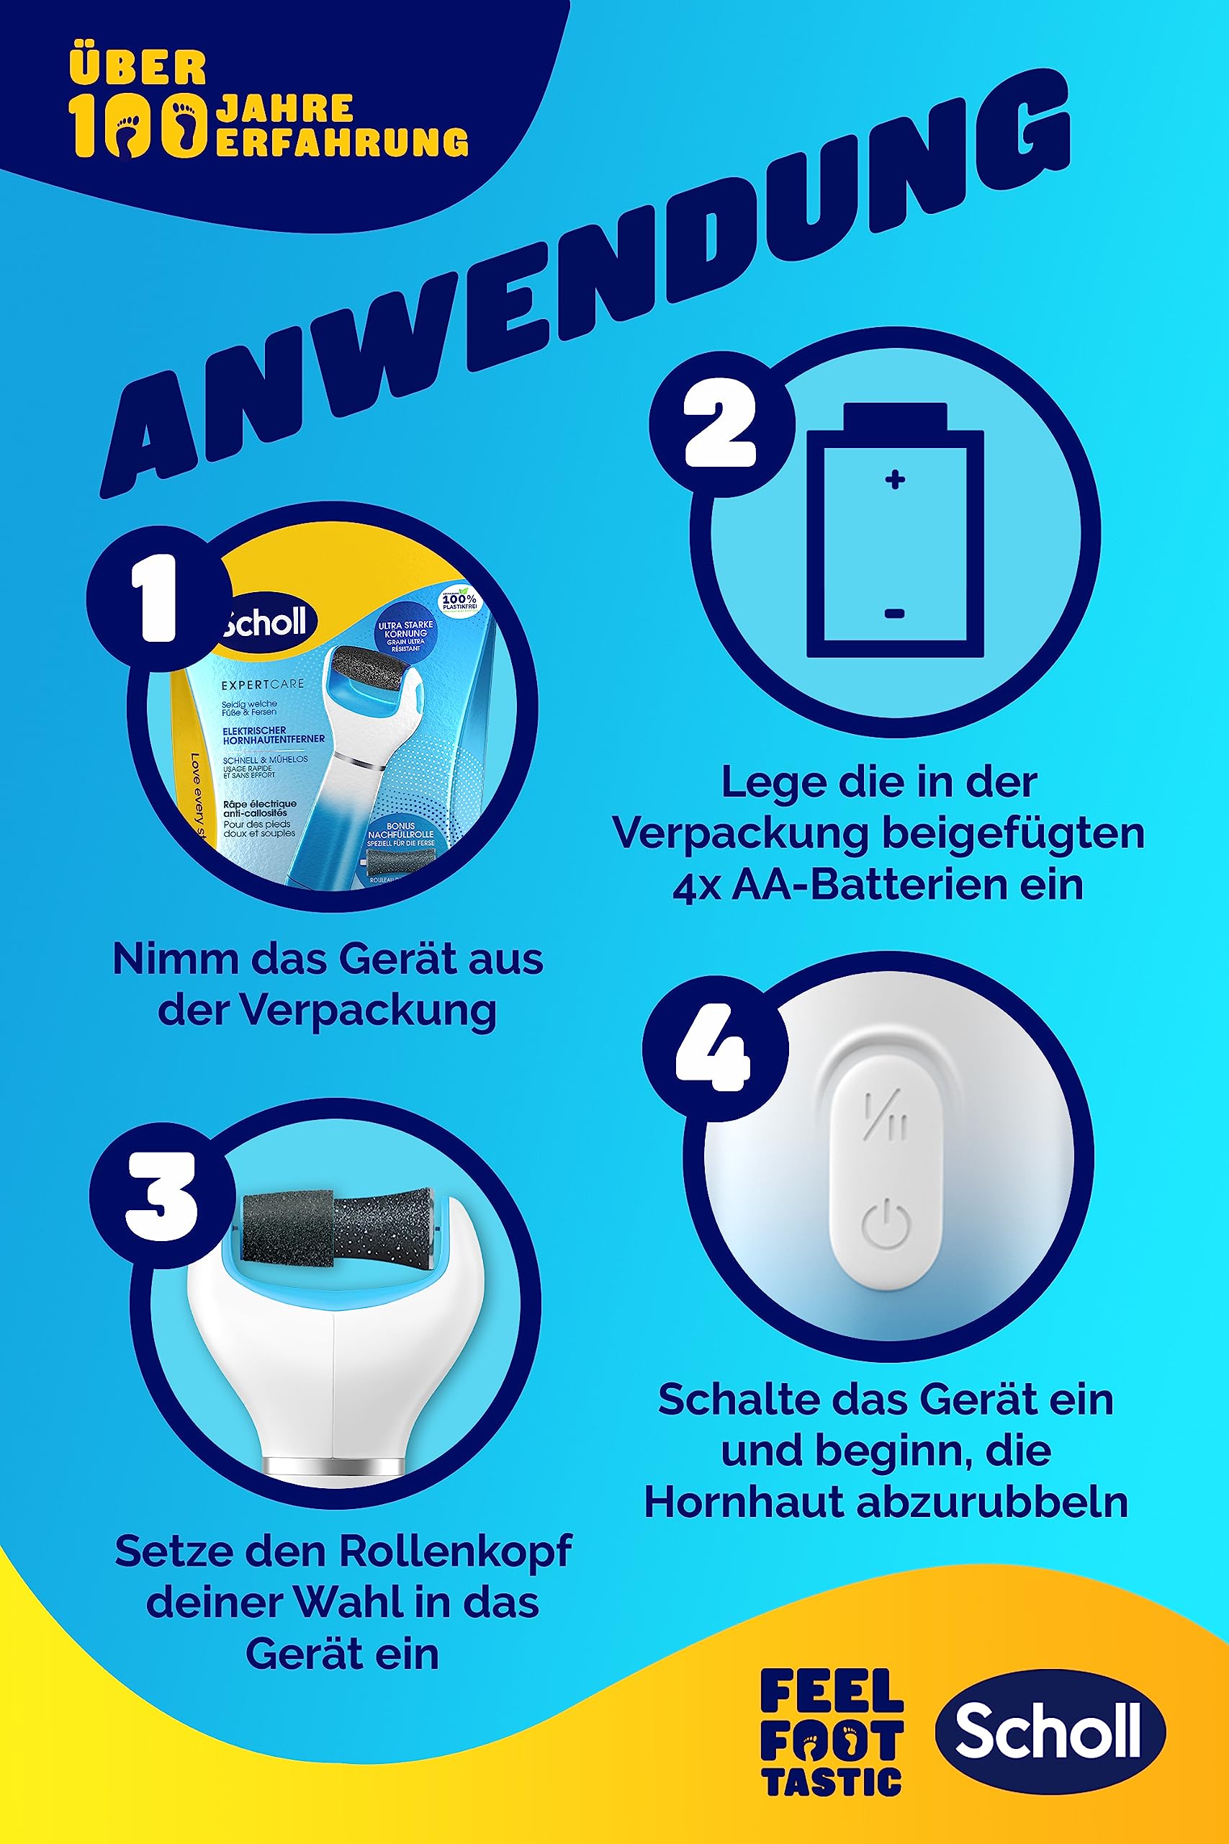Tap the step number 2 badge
click(719, 424)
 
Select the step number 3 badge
click(161, 1195)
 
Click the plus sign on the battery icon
click(895, 479)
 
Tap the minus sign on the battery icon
click(895, 613)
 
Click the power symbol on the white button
click(886, 1225)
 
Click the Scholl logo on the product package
click(266, 622)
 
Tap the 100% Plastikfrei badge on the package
click(459, 601)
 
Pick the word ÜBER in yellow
click(138, 68)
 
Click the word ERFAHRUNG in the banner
click(342, 142)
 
